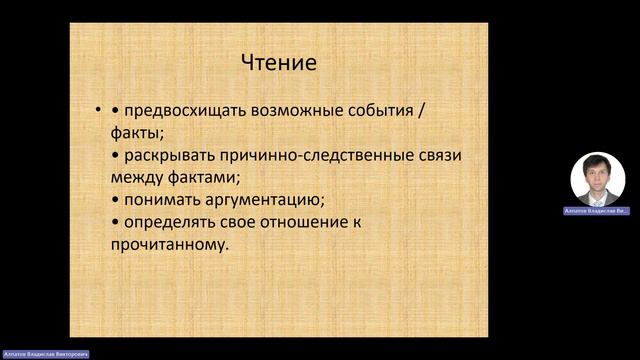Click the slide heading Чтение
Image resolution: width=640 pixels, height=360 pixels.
coord(279,63)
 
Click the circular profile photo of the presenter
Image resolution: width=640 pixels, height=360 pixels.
coord(598,179)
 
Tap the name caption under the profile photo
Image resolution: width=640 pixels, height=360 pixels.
coord(598,212)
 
